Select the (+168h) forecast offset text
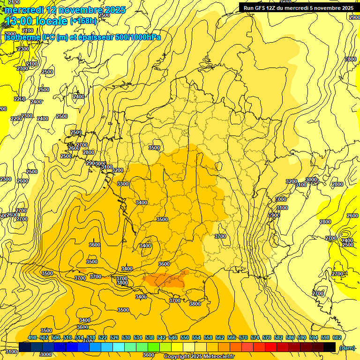83,21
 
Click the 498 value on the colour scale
32,337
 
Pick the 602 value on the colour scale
337,337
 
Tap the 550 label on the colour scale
185,337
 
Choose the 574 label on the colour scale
255,337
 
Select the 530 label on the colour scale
126,337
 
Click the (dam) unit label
346,347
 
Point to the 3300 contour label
123,184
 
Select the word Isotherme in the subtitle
22,37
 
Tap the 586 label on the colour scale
290,337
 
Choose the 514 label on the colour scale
79,337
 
